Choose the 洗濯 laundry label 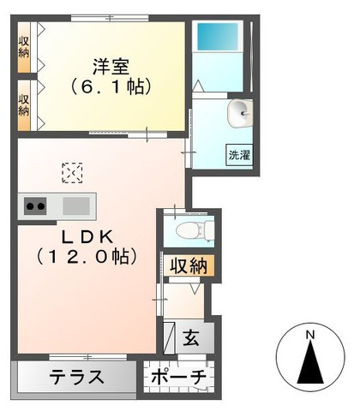point(238,155)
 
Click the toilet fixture point(190,229)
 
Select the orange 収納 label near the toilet point(187,265)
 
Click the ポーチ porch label point(178,377)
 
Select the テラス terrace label point(76,377)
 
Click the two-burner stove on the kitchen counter point(35,205)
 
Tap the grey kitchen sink point(75,205)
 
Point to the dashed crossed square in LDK point(72,174)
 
